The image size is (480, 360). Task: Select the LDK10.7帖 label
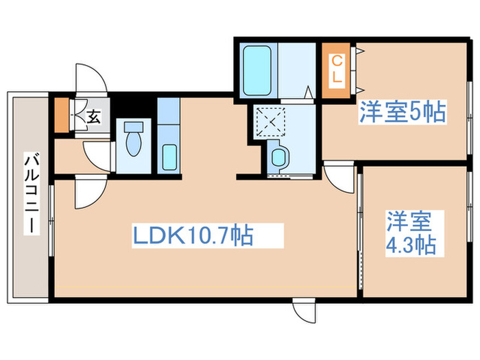[193, 237]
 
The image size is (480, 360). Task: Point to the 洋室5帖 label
[403, 112]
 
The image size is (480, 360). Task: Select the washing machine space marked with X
[270, 123]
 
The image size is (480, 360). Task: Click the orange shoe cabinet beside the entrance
[62, 116]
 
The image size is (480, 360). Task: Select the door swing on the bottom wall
[304, 312]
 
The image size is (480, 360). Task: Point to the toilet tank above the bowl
[132, 127]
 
